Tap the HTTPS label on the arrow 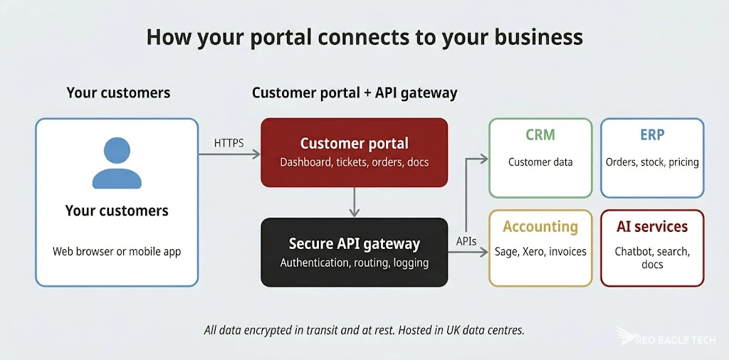point(229,143)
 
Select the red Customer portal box point(354,152)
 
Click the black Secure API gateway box point(354,252)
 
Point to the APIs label point(466,241)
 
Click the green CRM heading point(540,134)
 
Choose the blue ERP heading point(652,134)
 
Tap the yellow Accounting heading point(540,227)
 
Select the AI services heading point(652,227)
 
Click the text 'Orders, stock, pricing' point(652,162)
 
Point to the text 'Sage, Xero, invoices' point(540,251)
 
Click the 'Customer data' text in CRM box point(540,162)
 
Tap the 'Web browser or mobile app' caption point(117,251)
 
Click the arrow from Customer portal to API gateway point(354,202)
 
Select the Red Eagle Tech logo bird point(627,337)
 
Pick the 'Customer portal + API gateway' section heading point(354,93)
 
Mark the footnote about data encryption point(364,330)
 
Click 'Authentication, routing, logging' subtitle point(354,263)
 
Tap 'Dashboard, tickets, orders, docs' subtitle point(354,162)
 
